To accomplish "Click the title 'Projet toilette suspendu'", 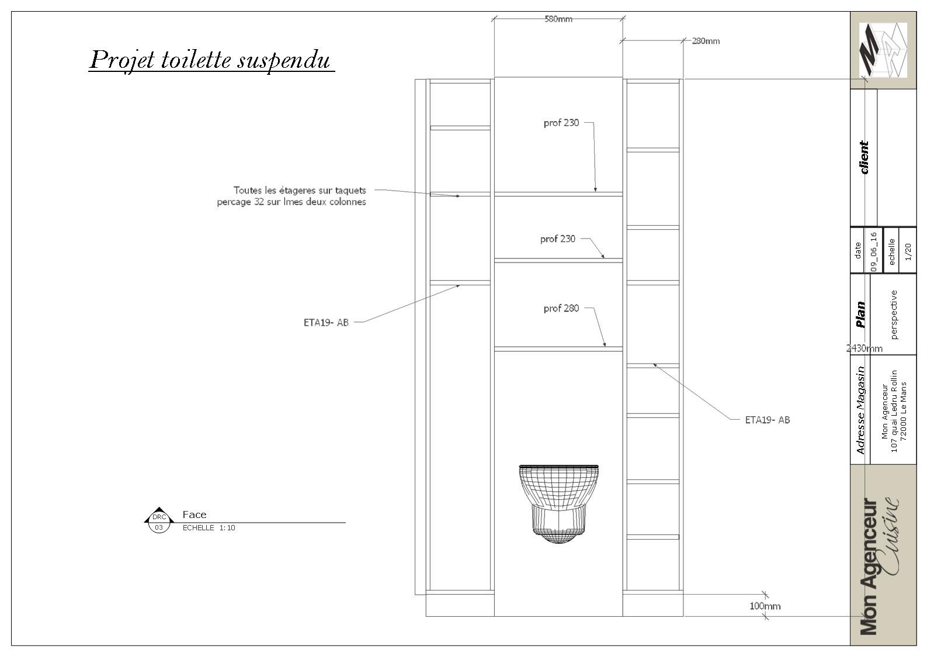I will pos(211,60).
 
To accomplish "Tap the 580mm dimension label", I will pos(558,19).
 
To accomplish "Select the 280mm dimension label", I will pos(706,41).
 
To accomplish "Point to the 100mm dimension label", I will pos(765,606).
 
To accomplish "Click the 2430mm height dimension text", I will pos(864,348).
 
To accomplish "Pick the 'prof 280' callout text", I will pos(561,308).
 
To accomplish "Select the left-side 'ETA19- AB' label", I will pos(326,322).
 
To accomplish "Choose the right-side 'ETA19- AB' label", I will pos(768,420).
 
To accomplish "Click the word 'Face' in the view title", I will pos(195,515).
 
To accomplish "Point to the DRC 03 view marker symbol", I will pos(159,520).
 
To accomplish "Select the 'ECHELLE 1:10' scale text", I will pos(209,528).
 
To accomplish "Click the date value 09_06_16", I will pos(874,251).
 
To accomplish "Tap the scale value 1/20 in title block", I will pos(908,251).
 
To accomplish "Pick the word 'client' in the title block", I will pos(864,157).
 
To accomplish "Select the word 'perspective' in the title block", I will pos(894,315).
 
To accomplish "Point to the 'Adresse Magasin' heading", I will pos(860,410).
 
